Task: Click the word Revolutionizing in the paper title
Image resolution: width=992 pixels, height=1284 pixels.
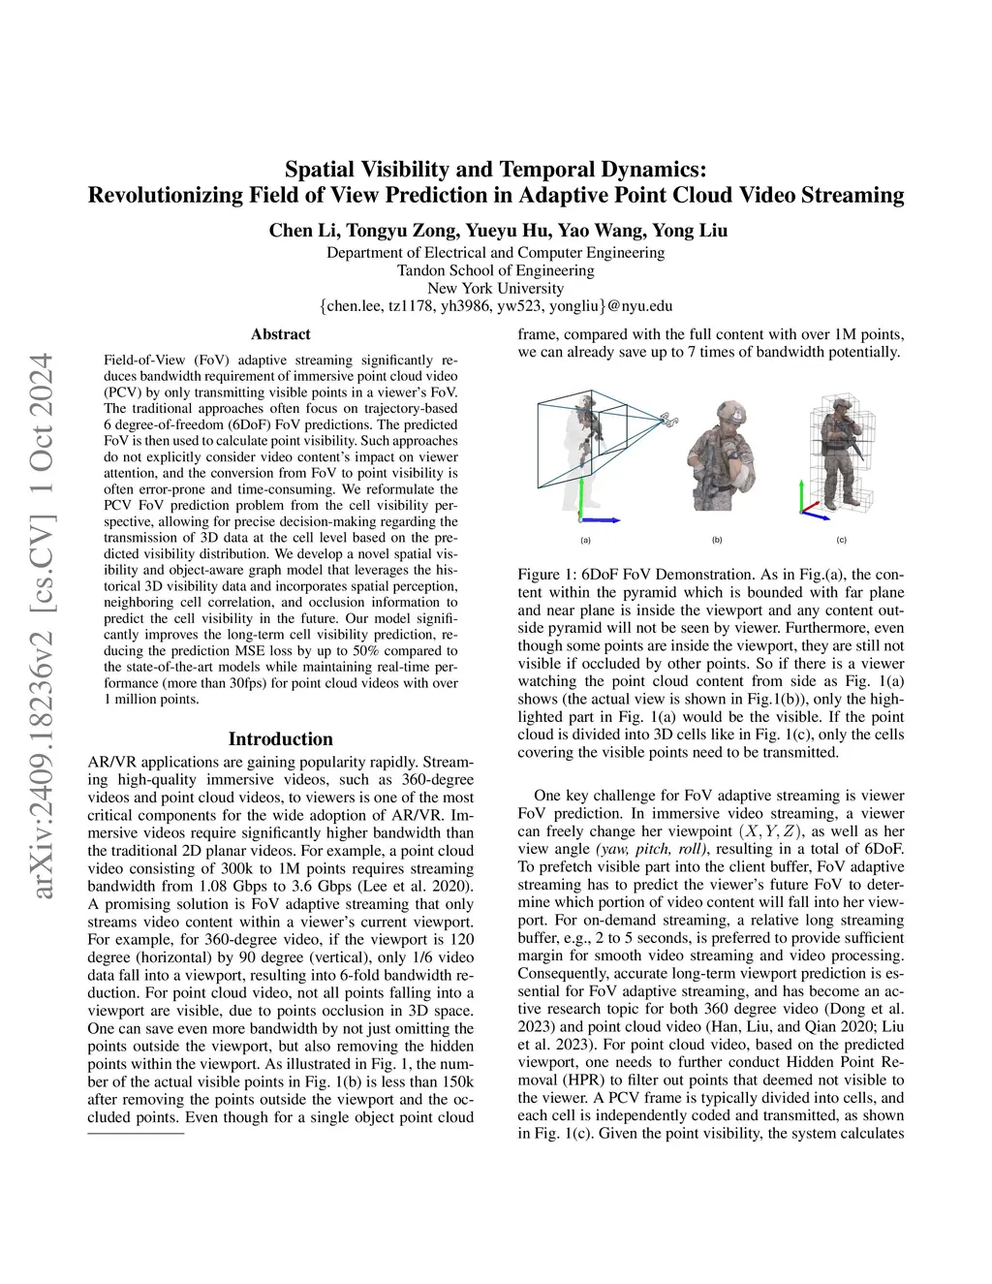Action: point(164,196)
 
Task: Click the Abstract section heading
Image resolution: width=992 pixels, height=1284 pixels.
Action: point(281,334)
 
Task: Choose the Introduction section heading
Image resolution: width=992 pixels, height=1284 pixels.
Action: point(281,739)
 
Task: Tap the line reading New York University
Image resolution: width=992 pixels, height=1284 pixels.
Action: point(495,288)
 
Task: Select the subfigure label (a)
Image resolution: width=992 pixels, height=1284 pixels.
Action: point(585,540)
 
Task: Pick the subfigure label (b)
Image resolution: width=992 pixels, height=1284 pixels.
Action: point(717,540)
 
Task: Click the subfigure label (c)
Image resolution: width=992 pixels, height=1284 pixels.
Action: point(841,540)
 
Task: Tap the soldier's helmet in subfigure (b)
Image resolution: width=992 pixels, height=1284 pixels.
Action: point(728,413)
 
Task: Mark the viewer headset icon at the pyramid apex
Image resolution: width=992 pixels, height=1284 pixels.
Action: point(667,419)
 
